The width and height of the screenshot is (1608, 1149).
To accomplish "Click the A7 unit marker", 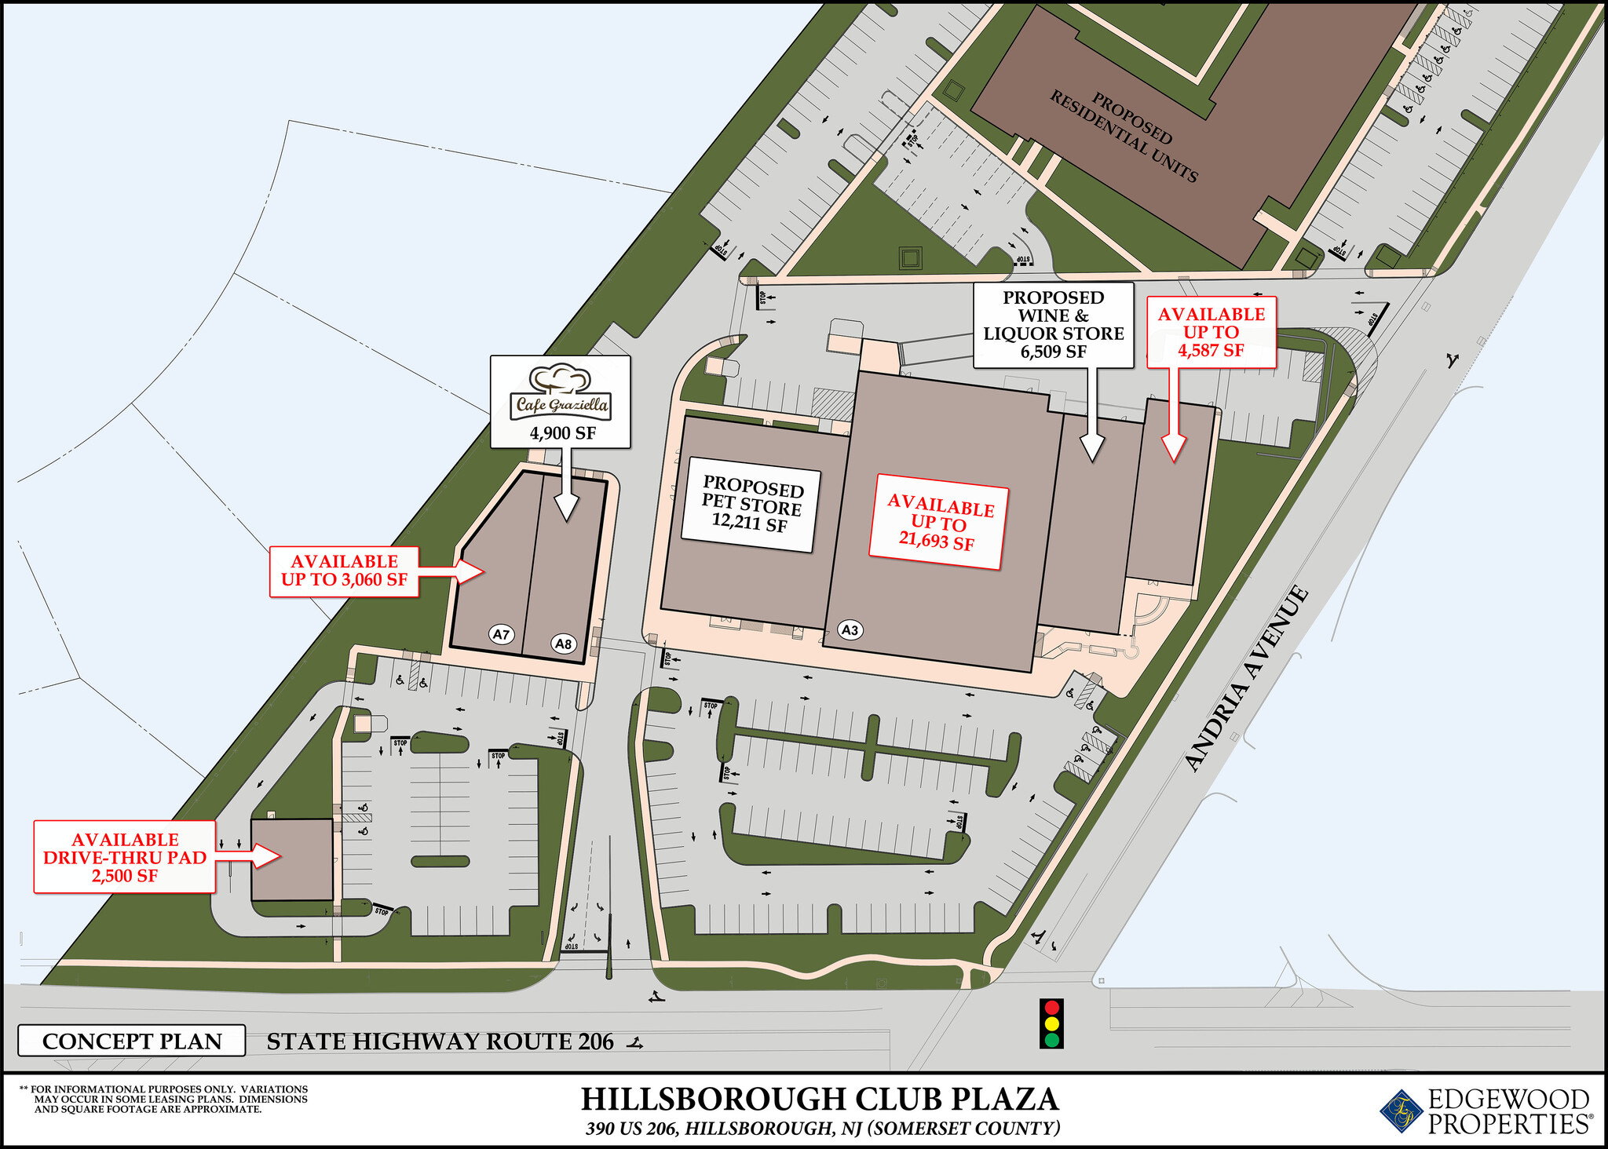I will point(501,634).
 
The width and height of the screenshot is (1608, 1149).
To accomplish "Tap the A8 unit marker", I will point(563,644).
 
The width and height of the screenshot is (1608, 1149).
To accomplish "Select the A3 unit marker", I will point(850,629).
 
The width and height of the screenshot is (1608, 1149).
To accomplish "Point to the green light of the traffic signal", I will point(1051,1041).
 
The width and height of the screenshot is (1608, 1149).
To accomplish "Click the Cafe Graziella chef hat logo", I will point(561,380).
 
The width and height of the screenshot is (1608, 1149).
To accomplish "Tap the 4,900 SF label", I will point(561,433).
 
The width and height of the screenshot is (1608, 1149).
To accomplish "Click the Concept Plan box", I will point(132,1041).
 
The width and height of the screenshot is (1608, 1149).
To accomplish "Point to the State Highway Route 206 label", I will point(440,1041).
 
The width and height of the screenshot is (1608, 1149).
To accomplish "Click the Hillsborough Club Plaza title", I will point(820,1099).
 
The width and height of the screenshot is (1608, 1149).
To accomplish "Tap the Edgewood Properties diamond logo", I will point(1402,1111).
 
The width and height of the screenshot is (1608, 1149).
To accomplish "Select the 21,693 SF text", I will point(936,540).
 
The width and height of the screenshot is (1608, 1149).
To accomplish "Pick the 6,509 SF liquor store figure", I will point(1053,352).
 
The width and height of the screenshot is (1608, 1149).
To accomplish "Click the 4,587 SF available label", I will point(1211,350).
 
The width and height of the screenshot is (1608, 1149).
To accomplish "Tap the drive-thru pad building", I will point(291,859).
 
